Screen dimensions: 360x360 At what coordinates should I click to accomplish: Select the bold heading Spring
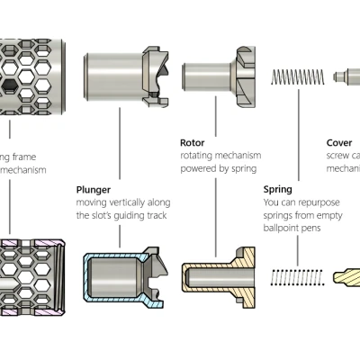(x=277, y=190)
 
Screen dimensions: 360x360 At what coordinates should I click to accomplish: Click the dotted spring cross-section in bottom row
(x=296, y=272)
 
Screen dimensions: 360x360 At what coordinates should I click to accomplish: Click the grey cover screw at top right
(x=346, y=77)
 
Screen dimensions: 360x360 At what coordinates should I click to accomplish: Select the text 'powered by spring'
(x=217, y=168)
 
